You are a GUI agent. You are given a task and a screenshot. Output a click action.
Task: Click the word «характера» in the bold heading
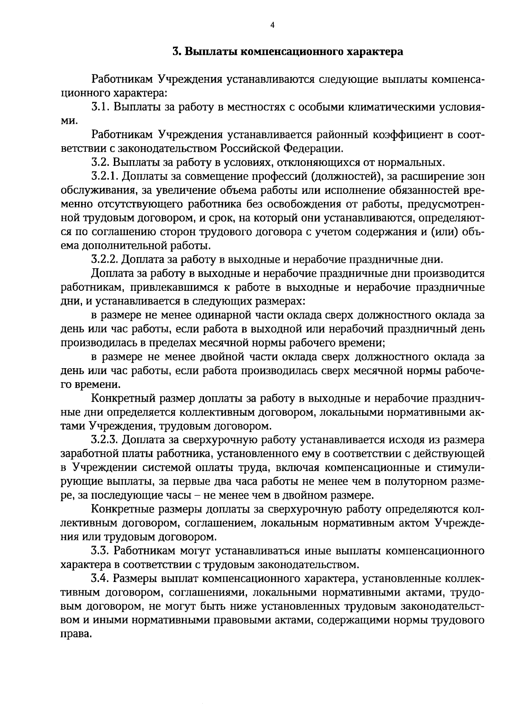coord(375,52)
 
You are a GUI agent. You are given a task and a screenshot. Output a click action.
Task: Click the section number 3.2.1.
coord(105,176)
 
